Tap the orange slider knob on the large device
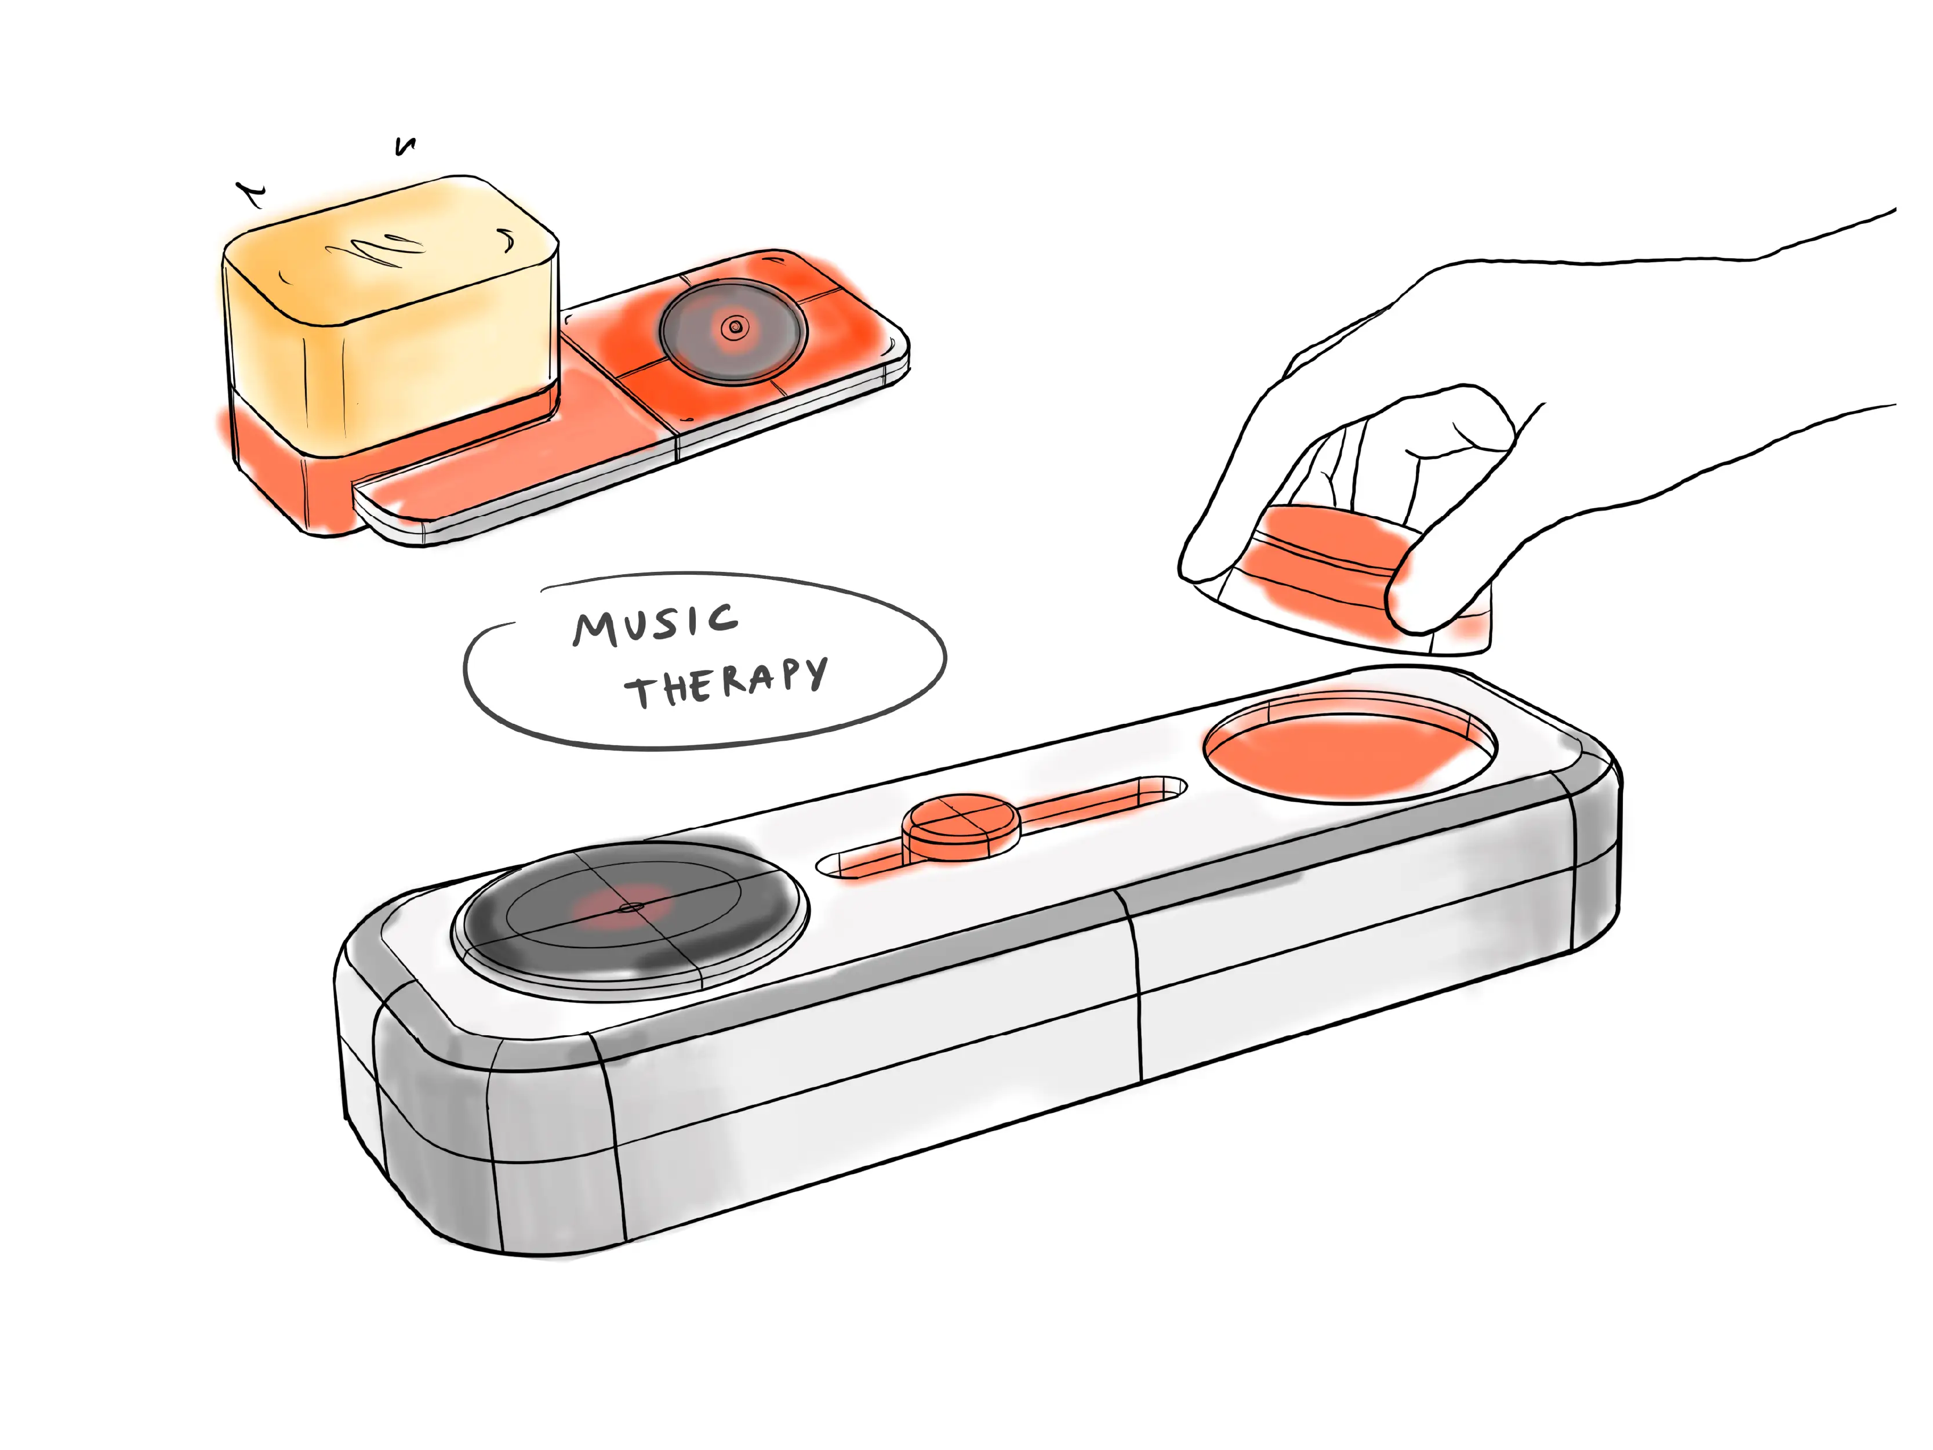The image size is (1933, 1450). point(960,826)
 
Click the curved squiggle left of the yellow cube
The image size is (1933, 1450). point(251,197)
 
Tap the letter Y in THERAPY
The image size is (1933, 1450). point(815,673)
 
